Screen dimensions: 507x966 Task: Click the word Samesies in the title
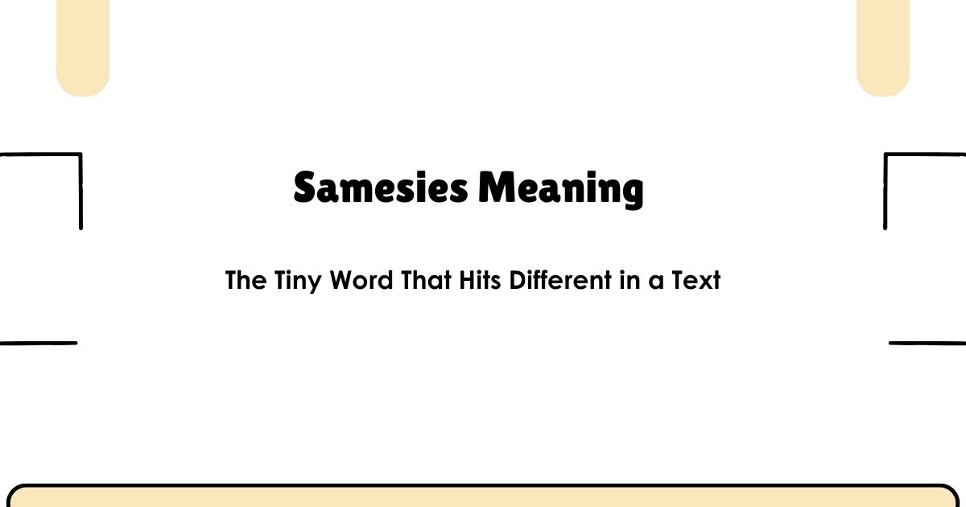click(x=380, y=188)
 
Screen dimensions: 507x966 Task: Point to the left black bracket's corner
click(x=80, y=155)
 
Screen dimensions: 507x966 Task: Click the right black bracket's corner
click(x=886, y=155)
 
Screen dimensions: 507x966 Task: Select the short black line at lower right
click(x=927, y=343)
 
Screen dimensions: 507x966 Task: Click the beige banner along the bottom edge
click(x=483, y=497)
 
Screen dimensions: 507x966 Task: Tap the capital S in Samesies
click(x=305, y=188)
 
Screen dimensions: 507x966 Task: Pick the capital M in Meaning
click(x=496, y=188)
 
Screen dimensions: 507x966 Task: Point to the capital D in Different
click(x=516, y=281)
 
